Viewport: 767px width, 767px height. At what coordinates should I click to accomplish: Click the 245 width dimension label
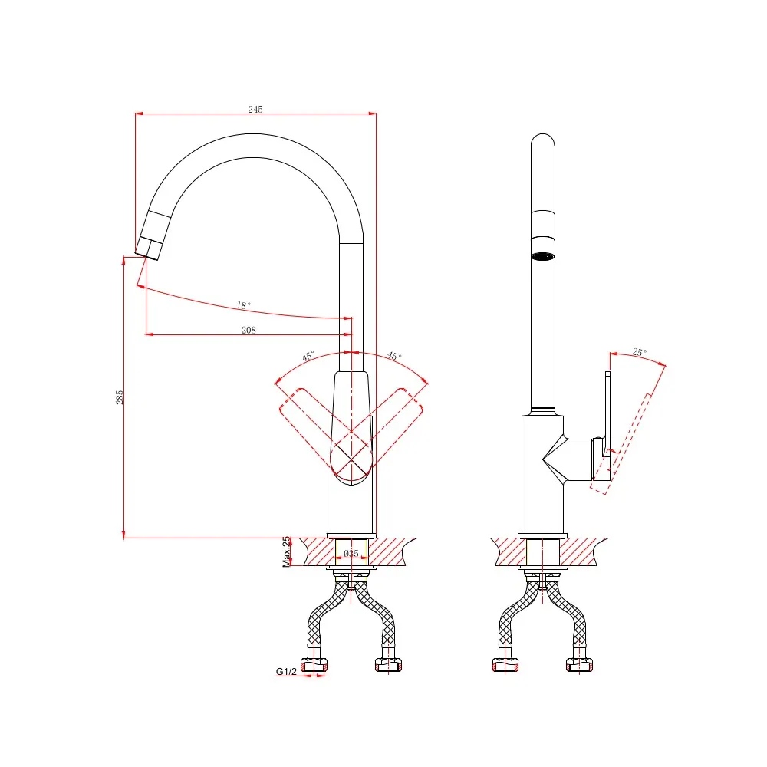coord(255,109)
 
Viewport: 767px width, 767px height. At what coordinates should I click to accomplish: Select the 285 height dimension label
coord(120,397)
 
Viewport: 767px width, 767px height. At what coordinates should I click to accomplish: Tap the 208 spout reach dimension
coord(249,330)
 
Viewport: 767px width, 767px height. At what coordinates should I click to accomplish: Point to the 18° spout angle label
coord(244,305)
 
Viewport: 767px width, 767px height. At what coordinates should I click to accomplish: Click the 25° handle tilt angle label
coord(640,352)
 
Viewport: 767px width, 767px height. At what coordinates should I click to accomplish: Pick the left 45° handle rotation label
coord(308,356)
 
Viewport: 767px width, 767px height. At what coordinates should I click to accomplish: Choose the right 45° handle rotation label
coord(394,356)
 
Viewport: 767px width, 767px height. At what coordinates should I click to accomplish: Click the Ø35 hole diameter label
coord(351,553)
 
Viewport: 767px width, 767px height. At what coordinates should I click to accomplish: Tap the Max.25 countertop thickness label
coord(286,551)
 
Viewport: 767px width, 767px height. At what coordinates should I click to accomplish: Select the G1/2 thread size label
coord(286,672)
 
